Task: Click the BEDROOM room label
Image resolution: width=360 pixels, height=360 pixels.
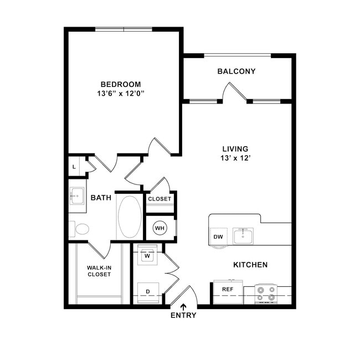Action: (x=121, y=84)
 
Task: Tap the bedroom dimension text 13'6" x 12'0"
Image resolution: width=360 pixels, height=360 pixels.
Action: (x=121, y=94)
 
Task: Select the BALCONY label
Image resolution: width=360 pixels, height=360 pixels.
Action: (x=236, y=71)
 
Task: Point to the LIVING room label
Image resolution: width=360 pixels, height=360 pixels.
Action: (x=235, y=149)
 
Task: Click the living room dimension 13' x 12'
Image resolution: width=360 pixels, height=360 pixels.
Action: (x=235, y=158)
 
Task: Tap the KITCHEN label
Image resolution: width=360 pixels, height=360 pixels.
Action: (x=250, y=265)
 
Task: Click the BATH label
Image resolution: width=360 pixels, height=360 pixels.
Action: (x=101, y=198)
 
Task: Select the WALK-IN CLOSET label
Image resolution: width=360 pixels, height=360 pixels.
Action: (x=99, y=271)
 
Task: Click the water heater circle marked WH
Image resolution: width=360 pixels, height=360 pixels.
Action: (x=160, y=228)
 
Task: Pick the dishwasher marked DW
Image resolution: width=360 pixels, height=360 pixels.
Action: (x=218, y=236)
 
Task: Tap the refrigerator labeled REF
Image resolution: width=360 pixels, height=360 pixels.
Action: (x=228, y=291)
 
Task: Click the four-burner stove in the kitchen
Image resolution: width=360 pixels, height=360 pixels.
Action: (x=266, y=294)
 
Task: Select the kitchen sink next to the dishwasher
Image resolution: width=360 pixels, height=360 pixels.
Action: (x=243, y=236)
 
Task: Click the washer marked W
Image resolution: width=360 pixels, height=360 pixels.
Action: (x=147, y=255)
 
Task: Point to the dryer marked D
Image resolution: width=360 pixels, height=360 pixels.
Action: (x=148, y=293)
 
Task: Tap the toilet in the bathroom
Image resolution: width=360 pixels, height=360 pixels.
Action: (x=79, y=229)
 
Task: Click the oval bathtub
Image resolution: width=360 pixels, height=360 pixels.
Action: (x=130, y=217)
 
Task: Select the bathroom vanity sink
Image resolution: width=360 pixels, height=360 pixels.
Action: (x=78, y=196)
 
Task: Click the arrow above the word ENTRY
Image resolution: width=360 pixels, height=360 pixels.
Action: (x=183, y=307)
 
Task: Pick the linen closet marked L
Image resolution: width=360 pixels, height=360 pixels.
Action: (x=74, y=167)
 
